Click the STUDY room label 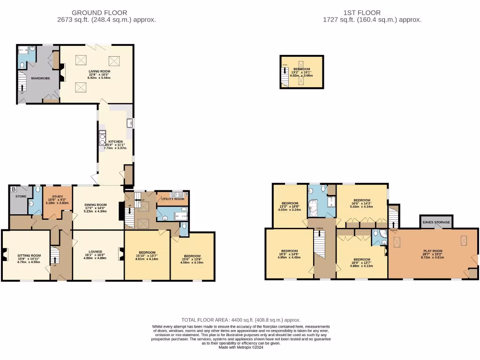(x=58, y=197)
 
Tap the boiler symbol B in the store (x=14, y=189)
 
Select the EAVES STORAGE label (x=436, y=222)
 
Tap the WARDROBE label (x=40, y=78)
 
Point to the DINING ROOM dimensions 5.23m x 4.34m (x=95, y=211)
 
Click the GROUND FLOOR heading (x=99, y=13)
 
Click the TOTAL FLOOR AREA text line (x=240, y=320)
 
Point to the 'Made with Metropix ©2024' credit (x=240, y=347)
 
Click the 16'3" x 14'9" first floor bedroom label (x=289, y=250)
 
